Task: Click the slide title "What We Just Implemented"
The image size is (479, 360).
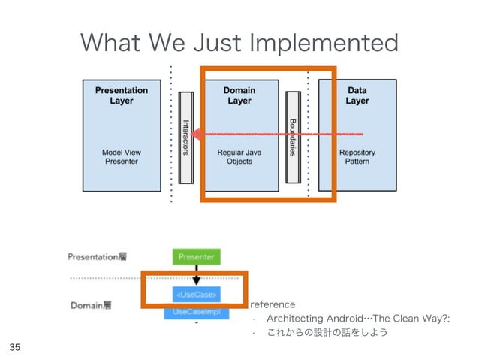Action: point(239,43)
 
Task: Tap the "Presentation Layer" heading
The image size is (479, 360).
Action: point(122,95)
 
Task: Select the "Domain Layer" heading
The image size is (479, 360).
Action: point(239,95)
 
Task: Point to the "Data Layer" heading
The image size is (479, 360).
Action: point(357,95)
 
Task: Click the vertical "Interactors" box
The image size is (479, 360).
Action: point(186,136)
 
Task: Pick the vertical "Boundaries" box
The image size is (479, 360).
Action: point(293,136)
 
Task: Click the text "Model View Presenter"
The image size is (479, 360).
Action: point(122,156)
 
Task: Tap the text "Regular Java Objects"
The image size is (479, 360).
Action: point(239,156)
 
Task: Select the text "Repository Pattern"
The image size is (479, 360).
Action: point(357,156)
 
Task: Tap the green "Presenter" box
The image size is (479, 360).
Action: point(196,256)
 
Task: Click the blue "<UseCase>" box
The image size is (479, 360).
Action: point(196,292)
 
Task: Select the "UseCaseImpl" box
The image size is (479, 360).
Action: point(196,311)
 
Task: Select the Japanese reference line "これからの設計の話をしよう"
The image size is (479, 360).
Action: point(327,333)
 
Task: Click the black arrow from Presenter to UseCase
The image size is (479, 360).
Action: point(196,274)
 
